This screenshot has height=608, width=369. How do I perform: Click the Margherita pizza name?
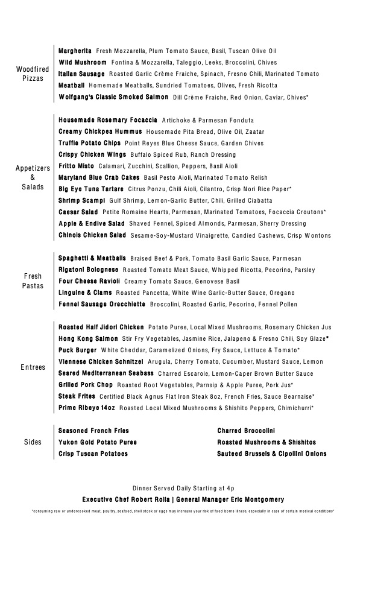[75, 51]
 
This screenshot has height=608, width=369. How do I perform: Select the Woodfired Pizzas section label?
[33, 74]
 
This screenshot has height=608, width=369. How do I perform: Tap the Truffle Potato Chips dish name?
[89, 144]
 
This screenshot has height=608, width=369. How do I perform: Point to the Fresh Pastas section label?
[33, 281]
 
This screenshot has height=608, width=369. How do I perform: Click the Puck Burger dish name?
[78, 350]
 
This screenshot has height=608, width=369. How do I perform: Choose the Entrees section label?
[33, 367]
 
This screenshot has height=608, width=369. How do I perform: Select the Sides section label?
[33, 442]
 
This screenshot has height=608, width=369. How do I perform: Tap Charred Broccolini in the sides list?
[246, 431]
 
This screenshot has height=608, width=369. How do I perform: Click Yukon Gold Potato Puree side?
[98, 442]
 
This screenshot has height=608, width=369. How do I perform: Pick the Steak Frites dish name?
[77, 397]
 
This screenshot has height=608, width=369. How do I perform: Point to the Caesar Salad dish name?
[78, 212]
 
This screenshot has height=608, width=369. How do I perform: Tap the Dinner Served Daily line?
[183, 488]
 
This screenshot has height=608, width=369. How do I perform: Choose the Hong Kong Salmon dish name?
[88, 339]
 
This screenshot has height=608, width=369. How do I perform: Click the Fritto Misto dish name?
[76, 166]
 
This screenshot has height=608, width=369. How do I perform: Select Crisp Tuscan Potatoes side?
[93, 454]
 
